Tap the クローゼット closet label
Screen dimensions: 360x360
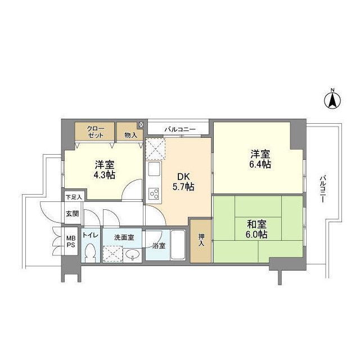pyautogui.click(x=95, y=132)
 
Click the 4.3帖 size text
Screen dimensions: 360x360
pyautogui.click(x=105, y=175)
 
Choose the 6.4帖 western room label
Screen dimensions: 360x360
pyautogui.click(x=259, y=159)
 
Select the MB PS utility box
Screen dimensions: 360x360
pyautogui.click(x=71, y=242)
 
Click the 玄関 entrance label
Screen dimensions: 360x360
pyautogui.click(x=72, y=213)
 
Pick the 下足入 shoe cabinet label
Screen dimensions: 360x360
pyautogui.click(x=73, y=197)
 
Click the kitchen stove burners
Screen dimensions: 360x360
pyautogui.click(x=154, y=193)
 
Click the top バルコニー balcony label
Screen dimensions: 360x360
pyautogui.click(x=179, y=129)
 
